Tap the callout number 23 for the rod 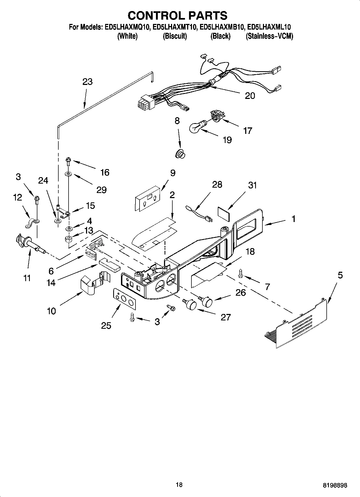point(87,82)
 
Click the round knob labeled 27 point(191,304)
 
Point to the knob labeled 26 point(207,301)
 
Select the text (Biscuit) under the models point(175,36)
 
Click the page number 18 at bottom point(179,485)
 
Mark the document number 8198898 point(335,485)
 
